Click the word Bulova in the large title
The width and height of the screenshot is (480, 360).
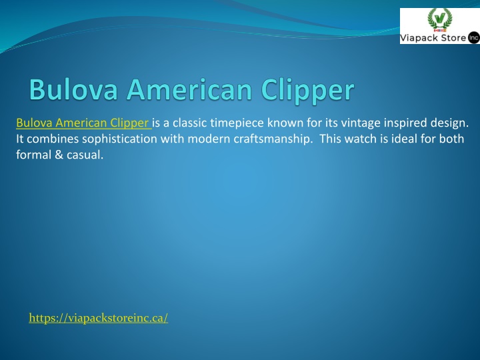tap(73, 89)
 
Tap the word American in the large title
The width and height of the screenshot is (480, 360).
tap(189, 89)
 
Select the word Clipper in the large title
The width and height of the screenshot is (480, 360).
tap(307, 91)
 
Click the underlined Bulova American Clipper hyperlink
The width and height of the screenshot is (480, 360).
tap(83, 123)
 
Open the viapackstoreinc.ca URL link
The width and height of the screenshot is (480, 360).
tap(98, 318)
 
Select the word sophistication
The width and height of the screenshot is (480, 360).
tap(120, 139)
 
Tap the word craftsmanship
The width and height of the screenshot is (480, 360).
tap(273, 139)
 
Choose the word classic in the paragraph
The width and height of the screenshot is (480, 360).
tap(189, 123)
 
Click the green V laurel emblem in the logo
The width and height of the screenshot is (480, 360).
tap(440, 19)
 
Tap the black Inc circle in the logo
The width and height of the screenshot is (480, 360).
tap(473, 38)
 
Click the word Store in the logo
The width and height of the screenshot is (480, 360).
tap(451, 38)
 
